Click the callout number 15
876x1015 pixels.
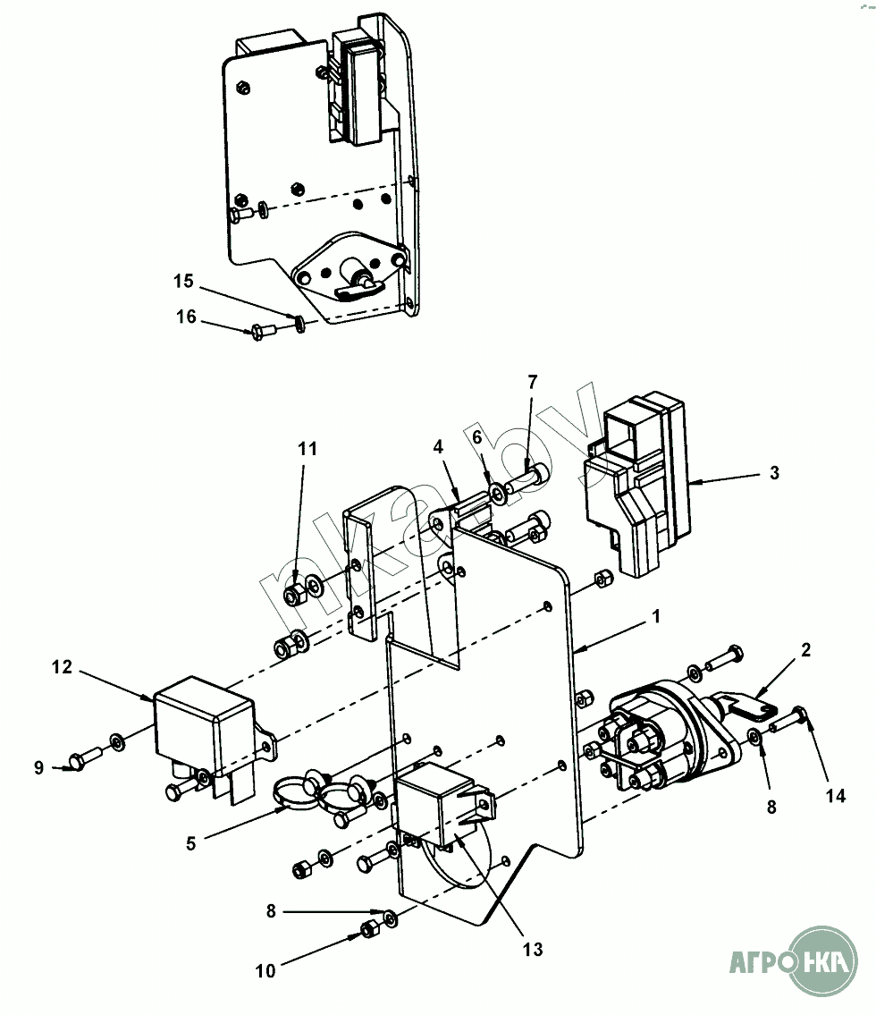183,281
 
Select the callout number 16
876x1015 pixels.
186,317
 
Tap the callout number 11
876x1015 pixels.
307,449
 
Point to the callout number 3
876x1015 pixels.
774,472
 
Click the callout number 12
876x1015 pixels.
62,667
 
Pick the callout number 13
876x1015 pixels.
533,950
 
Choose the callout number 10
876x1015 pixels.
265,971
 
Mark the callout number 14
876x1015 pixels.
835,796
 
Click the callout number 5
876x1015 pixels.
191,843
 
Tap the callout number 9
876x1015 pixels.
38,767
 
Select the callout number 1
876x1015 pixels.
656,616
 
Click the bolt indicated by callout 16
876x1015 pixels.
263,332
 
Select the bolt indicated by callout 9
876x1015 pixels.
84,758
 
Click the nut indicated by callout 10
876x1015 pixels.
369,929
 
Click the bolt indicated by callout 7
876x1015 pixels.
528,479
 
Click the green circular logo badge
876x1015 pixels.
823,960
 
